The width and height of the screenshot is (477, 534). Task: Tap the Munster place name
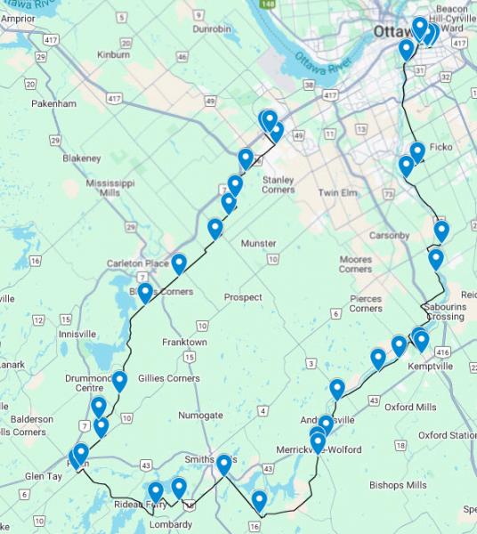pyautogui.click(x=259, y=243)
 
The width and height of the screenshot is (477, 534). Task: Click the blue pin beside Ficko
pyautogui.click(x=416, y=152)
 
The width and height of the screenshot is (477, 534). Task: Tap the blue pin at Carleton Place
pyautogui.click(x=179, y=263)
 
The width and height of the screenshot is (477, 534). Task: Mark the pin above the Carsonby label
pyautogui.click(x=441, y=231)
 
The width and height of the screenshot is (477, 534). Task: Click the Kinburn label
pyautogui.click(x=113, y=54)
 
